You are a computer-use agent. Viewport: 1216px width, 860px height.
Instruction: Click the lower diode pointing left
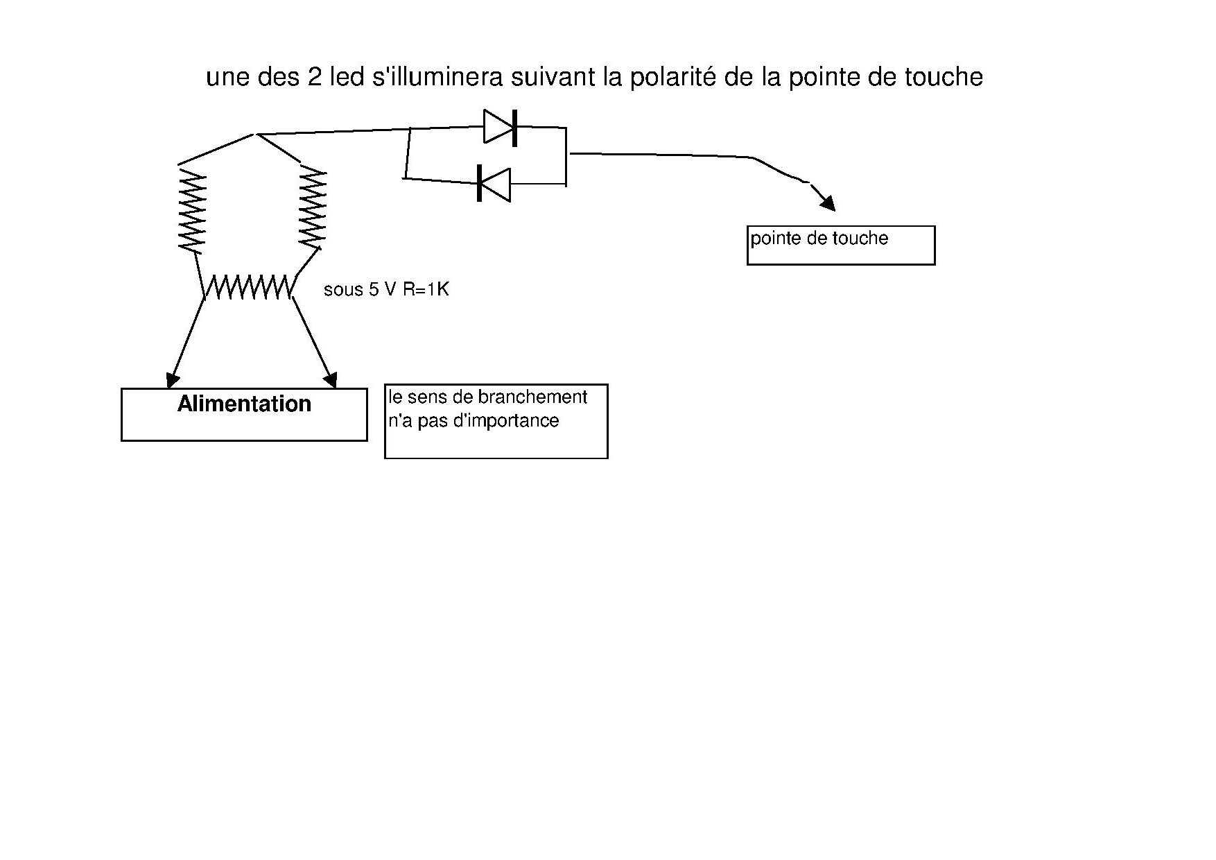(x=494, y=184)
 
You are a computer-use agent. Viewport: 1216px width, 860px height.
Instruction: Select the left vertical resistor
(x=192, y=211)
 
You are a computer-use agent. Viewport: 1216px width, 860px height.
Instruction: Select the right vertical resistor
(x=312, y=208)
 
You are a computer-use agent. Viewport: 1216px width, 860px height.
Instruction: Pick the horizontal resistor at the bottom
(x=248, y=286)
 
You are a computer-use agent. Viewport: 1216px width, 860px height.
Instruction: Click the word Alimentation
(x=244, y=404)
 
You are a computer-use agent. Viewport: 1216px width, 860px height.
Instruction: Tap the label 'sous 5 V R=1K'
(x=386, y=289)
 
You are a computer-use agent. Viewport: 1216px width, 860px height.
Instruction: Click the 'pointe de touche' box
(x=840, y=245)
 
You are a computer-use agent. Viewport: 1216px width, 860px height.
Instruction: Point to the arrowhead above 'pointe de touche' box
(x=828, y=203)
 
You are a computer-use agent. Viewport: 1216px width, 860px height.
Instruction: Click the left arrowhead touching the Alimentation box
(x=172, y=380)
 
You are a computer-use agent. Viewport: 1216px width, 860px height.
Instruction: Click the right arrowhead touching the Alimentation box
(x=331, y=380)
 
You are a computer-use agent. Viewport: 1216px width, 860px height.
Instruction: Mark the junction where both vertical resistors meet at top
(x=257, y=134)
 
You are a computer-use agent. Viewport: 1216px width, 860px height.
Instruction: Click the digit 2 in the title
(x=313, y=77)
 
